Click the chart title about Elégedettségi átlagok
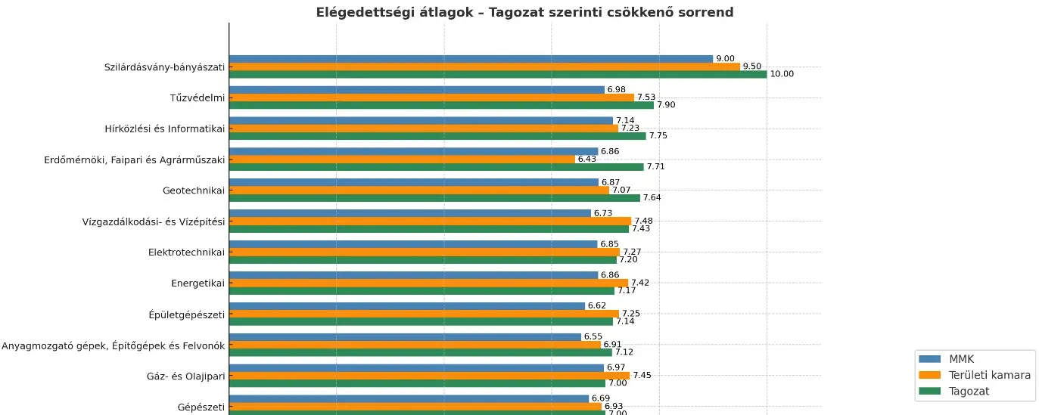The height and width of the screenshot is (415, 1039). (x=524, y=12)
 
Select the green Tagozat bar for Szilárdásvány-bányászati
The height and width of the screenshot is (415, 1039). (x=497, y=74)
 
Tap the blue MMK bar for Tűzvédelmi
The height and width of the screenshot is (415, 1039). (x=416, y=90)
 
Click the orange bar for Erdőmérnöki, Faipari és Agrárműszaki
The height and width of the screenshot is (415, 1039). (x=402, y=159)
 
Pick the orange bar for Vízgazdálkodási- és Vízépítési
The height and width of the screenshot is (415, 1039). (x=430, y=221)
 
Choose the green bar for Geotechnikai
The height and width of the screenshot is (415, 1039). (x=434, y=198)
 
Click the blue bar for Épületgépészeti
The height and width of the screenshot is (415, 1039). (x=407, y=306)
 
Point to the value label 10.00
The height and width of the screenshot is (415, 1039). (x=782, y=74)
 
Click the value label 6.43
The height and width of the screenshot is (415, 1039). (x=587, y=159)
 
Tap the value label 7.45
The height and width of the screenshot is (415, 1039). (x=642, y=375)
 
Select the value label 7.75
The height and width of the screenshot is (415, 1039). (x=658, y=136)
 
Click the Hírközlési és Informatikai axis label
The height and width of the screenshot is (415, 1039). (x=165, y=129)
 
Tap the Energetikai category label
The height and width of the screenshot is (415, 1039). (x=198, y=283)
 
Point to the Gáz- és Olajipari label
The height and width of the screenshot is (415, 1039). (x=186, y=376)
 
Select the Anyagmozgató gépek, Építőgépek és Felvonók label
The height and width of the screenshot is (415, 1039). (x=114, y=345)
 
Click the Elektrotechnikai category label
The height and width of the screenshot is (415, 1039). (x=187, y=252)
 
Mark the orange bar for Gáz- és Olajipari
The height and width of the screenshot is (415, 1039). (x=429, y=375)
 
